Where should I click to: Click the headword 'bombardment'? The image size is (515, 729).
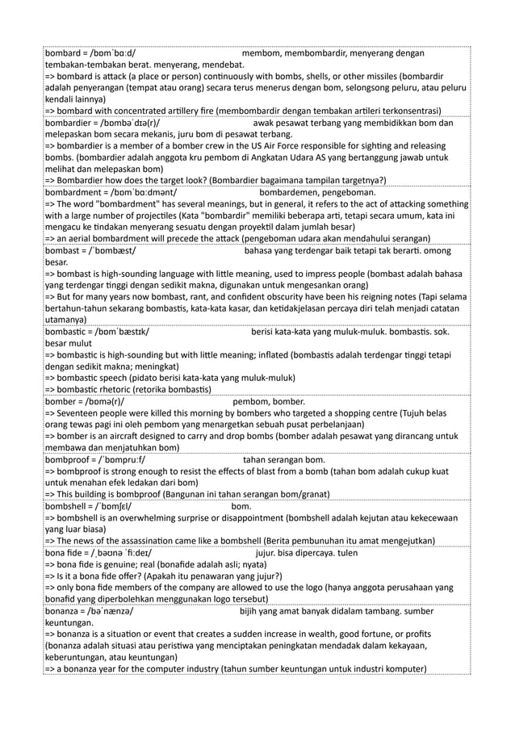point(73,194)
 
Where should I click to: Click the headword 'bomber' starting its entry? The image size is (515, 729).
point(62,400)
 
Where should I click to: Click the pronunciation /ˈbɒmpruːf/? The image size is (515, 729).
point(129,459)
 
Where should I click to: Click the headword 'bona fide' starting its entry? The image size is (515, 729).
point(65,553)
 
